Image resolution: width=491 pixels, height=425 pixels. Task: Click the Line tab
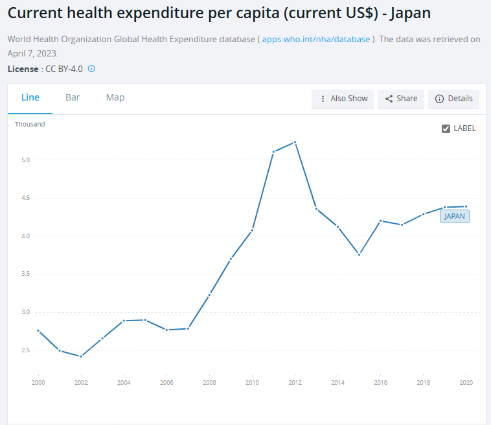(30, 98)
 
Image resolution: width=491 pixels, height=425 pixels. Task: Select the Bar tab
(73, 98)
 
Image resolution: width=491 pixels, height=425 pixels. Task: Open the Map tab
(115, 98)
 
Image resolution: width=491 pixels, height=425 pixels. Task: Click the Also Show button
(343, 99)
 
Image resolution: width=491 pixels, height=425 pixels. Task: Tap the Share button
(401, 99)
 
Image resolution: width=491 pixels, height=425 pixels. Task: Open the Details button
(453, 99)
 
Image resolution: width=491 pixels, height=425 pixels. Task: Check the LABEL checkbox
(446, 128)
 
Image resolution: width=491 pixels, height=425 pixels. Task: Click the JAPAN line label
(455, 217)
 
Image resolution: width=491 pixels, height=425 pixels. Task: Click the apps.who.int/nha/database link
(316, 40)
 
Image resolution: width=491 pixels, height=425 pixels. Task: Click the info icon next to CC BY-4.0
(91, 68)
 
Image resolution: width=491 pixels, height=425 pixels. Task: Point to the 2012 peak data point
(295, 142)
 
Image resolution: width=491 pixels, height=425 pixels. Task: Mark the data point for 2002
(81, 356)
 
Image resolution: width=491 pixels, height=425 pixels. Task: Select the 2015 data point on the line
(359, 254)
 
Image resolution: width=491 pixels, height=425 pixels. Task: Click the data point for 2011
(273, 152)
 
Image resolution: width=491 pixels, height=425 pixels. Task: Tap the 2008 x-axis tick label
(209, 383)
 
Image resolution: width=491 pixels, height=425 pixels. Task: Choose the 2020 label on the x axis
(466, 383)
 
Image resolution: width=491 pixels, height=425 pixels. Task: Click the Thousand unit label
(30, 124)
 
